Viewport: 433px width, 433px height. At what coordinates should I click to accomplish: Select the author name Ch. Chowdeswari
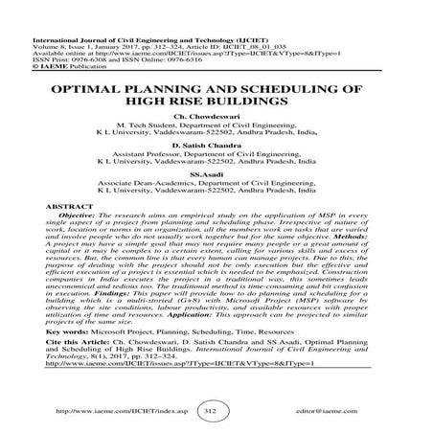(217, 125)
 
